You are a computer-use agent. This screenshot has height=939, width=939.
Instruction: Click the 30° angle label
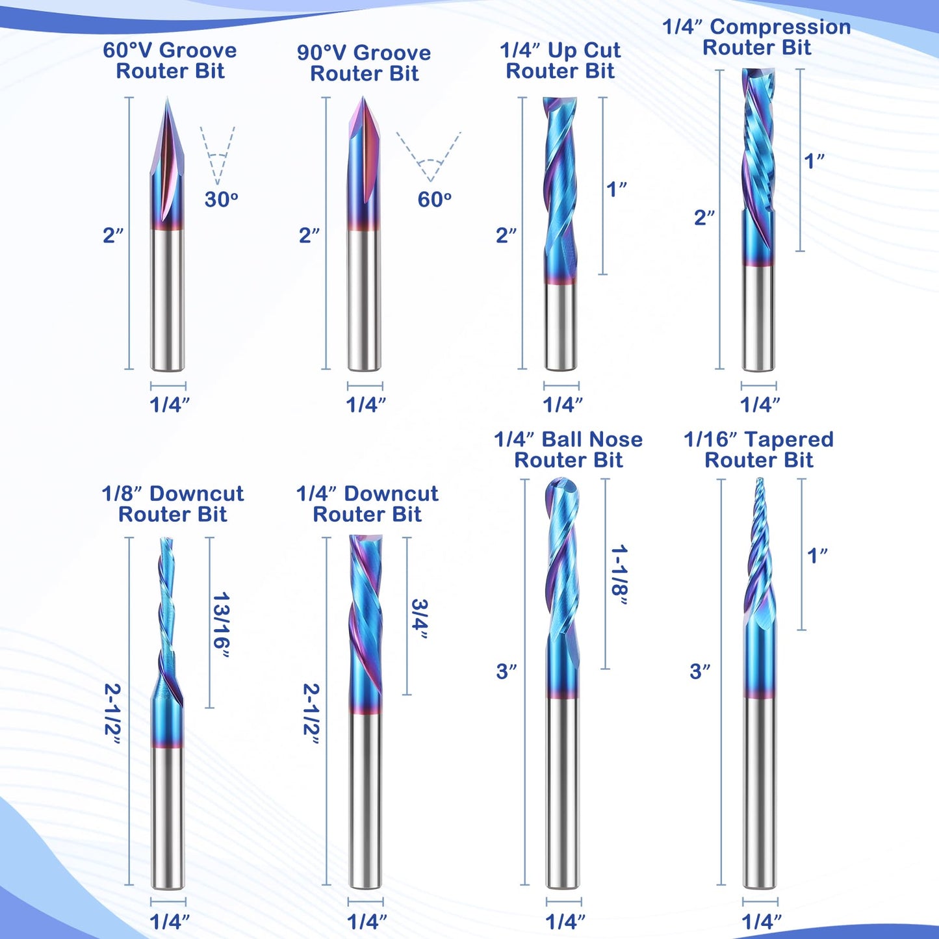pos(221,199)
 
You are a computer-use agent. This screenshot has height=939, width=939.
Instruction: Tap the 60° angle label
pos(434,199)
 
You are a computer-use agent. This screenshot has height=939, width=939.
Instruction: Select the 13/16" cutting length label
pos(221,626)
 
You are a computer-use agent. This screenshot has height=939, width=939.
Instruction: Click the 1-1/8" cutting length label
pos(619,575)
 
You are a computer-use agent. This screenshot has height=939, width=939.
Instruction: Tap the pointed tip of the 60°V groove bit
pos(167,97)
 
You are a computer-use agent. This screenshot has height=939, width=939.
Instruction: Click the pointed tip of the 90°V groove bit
pos(363,97)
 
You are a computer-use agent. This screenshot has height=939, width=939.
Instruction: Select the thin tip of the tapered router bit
pos(759,479)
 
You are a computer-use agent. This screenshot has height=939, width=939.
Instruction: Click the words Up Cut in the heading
pos(584,50)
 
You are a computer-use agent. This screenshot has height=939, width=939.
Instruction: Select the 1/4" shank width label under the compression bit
pos(760,404)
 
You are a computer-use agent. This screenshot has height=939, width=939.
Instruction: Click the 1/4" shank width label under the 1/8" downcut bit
pos(169,921)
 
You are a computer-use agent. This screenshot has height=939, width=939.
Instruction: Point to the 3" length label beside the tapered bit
pos(700,671)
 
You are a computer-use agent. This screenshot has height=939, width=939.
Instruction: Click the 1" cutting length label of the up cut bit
pos(616,189)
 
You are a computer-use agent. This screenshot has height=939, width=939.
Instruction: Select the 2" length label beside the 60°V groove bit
pos(113,235)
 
